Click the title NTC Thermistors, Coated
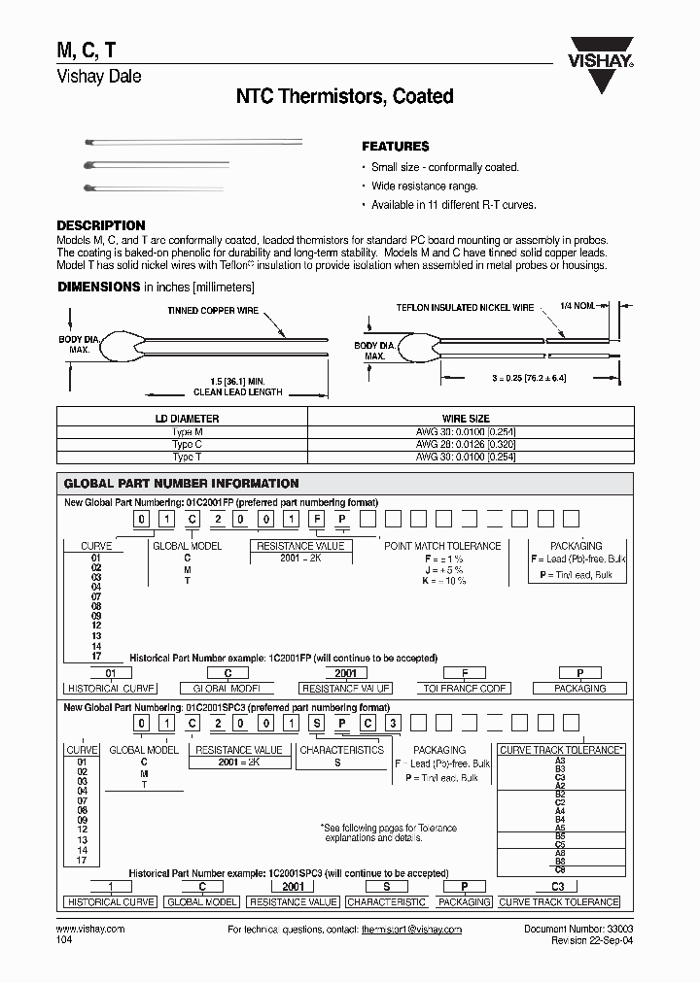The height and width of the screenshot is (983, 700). (345, 96)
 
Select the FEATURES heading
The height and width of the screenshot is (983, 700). (395, 147)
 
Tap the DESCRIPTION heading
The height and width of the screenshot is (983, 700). (101, 225)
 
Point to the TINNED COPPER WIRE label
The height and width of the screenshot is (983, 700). (213, 310)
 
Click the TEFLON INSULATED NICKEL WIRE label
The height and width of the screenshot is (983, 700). (465, 307)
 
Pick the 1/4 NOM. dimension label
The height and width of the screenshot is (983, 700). (580, 306)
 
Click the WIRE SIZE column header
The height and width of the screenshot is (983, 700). (466, 419)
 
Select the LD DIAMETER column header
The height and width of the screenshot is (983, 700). (182, 419)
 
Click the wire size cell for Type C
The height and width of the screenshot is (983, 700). (466, 444)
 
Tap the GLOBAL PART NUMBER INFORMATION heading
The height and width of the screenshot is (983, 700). (181, 483)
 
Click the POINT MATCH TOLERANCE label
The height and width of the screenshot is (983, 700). (442, 546)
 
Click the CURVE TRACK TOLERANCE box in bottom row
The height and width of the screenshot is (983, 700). (559, 901)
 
